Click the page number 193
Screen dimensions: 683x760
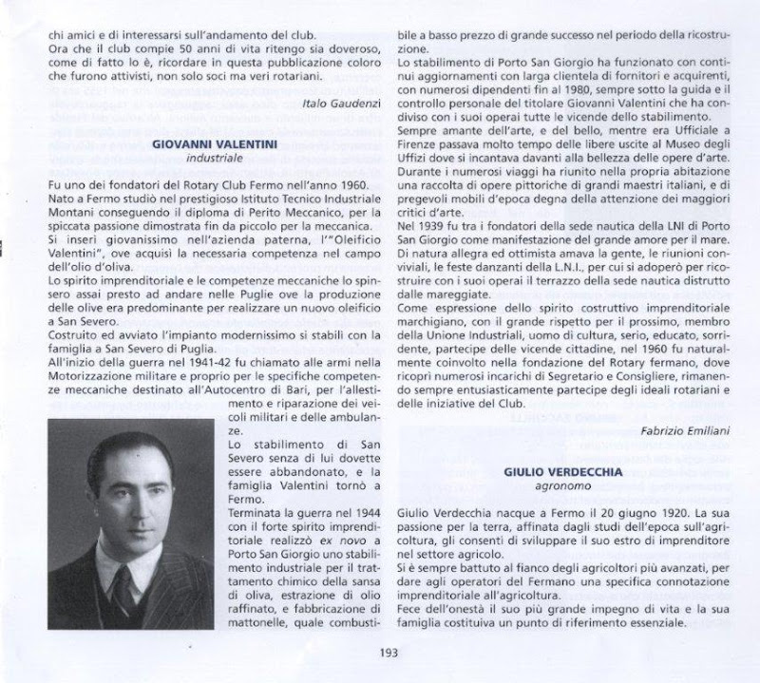(x=387, y=652)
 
